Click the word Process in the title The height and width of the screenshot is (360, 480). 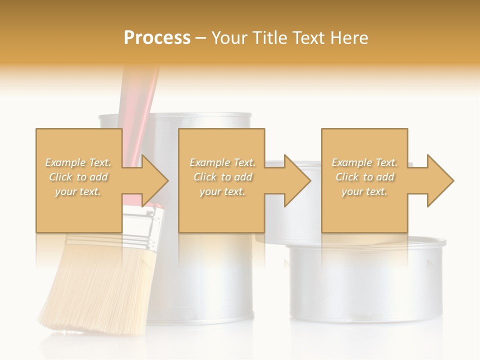pyautogui.click(x=157, y=37)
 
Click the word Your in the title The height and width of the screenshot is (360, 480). pyautogui.click(x=230, y=37)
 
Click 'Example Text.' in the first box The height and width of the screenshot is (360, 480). pyautogui.click(x=78, y=162)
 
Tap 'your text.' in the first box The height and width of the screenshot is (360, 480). pyautogui.click(x=78, y=191)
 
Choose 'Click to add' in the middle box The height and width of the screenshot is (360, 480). pyautogui.click(x=222, y=177)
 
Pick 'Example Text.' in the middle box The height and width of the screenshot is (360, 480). pyautogui.click(x=222, y=162)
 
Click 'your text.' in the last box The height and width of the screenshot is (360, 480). pyautogui.click(x=364, y=191)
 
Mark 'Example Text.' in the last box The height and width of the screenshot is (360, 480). pyautogui.click(x=364, y=162)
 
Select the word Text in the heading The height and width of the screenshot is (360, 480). pyautogui.click(x=306, y=37)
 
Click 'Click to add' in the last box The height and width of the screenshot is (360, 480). pyautogui.click(x=364, y=177)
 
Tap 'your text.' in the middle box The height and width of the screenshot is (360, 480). pyautogui.click(x=222, y=191)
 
